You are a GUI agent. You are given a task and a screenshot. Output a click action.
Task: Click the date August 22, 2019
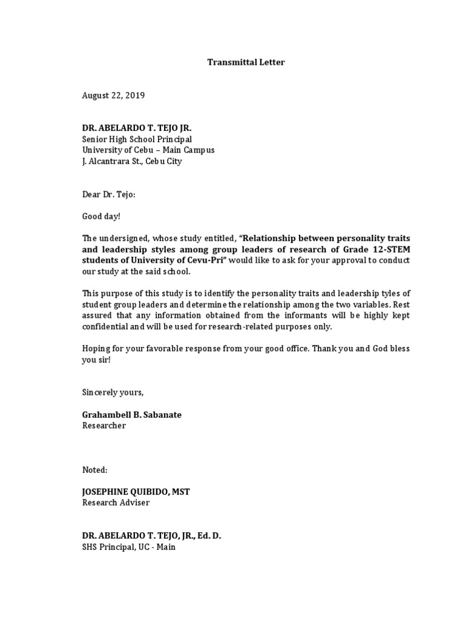(114, 96)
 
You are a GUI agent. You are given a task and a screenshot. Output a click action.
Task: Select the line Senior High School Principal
(137, 139)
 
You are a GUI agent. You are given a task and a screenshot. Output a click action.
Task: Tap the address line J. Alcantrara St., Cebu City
(132, 161)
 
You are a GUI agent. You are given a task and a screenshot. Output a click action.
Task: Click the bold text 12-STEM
(392, 249)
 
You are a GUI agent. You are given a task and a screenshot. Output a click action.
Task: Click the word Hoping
(96, 348)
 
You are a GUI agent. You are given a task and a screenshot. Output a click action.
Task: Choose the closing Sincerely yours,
(113, 392)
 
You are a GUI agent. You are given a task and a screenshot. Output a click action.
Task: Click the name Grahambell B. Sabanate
(131, 415)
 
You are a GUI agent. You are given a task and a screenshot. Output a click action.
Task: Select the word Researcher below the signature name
(104, 426)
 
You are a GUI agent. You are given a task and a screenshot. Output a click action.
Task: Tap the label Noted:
(95, 470)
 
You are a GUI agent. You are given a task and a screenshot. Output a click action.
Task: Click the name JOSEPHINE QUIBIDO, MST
(136, 492)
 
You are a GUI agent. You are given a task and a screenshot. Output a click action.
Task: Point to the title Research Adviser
(116, 503)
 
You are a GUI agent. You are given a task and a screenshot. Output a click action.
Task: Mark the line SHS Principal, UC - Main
(129, 547)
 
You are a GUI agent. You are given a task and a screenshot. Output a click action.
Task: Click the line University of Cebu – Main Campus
(148, 150)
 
